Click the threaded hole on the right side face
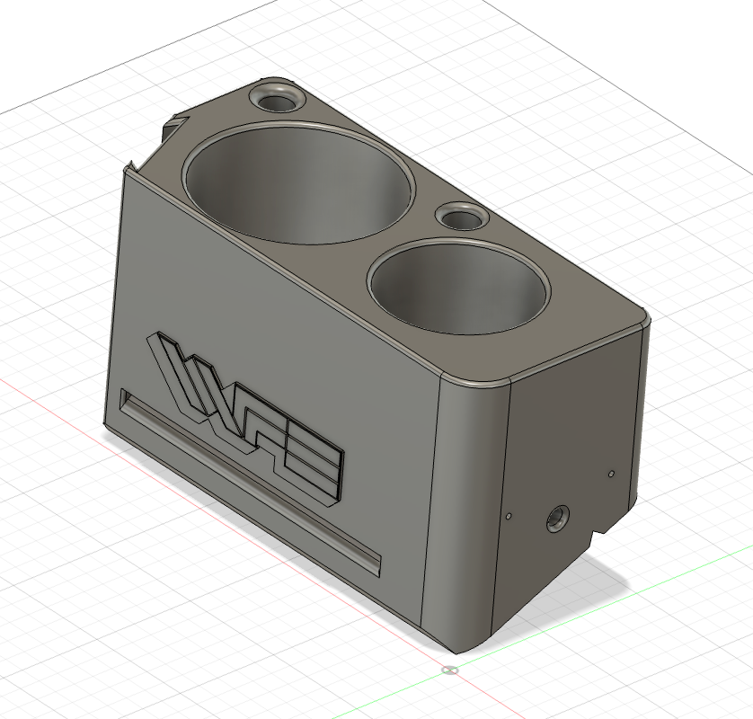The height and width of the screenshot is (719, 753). [557, 519]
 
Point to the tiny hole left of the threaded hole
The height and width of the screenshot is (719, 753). [508, 516]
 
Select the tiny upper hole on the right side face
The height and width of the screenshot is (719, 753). [610, 472]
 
